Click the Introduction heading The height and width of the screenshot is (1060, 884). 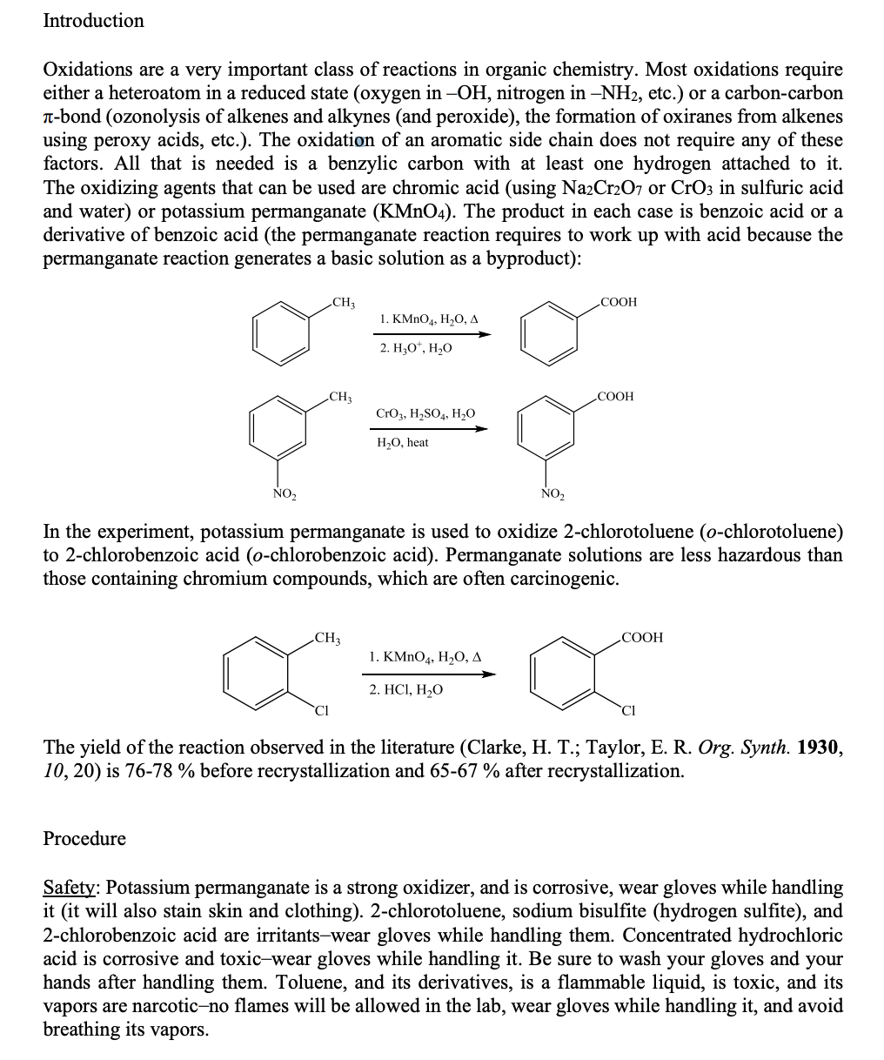click(93, 20)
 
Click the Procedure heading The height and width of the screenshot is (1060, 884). click(84, 838)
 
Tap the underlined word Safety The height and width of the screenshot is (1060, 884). click(71, 888)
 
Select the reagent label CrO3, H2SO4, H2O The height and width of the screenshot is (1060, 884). click(425, 413)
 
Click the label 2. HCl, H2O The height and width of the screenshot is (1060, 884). click(405, 689)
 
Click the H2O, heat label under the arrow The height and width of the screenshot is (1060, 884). click(402, 442)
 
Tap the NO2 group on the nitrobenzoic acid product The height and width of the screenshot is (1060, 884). click(552, 494)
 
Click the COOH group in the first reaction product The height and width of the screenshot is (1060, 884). click(618, 302)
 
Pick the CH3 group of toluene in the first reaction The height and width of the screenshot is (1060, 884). click(343, 302)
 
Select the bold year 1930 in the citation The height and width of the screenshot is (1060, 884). click(819, 748)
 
